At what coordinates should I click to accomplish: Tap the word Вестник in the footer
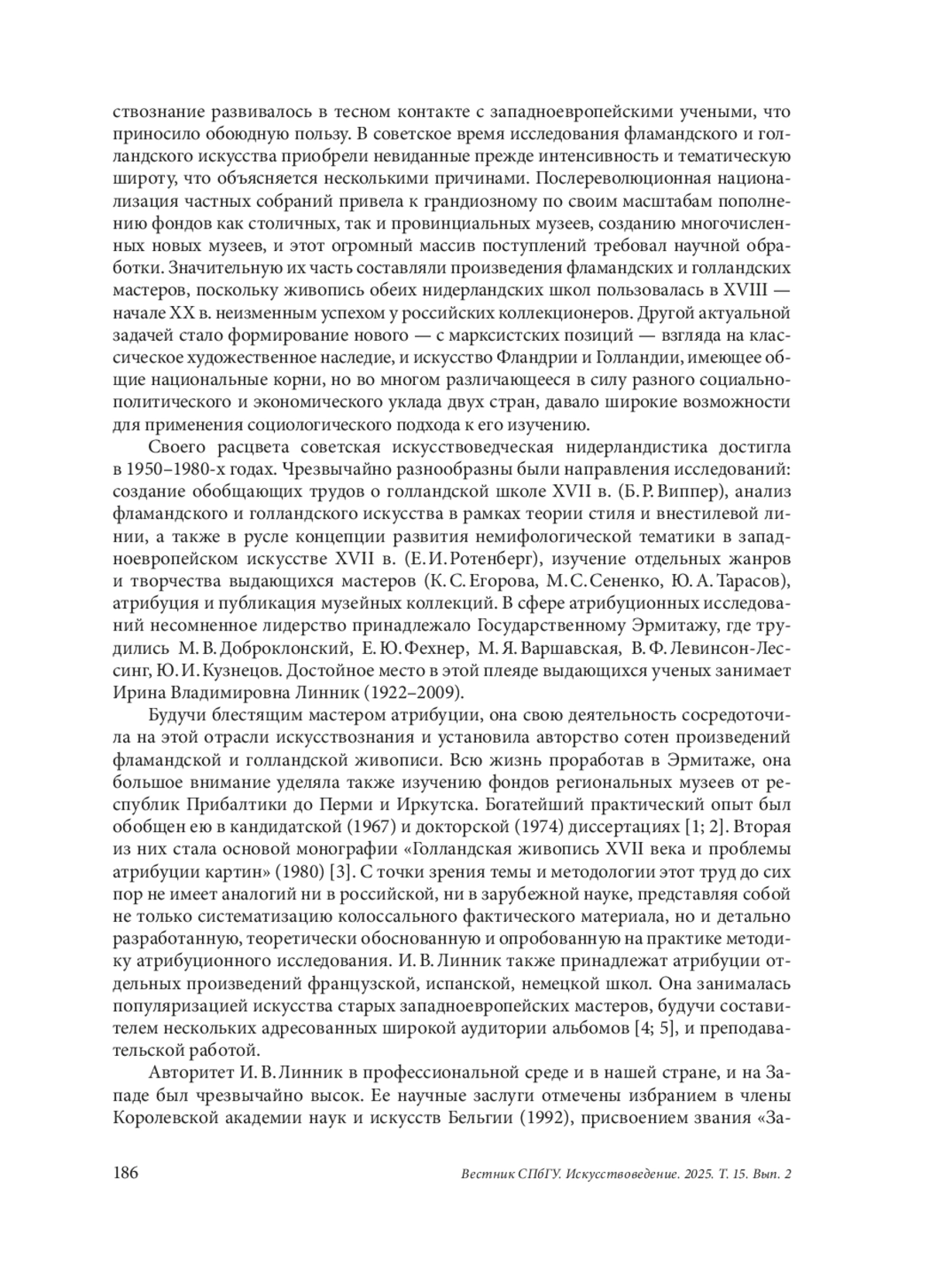482,1174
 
